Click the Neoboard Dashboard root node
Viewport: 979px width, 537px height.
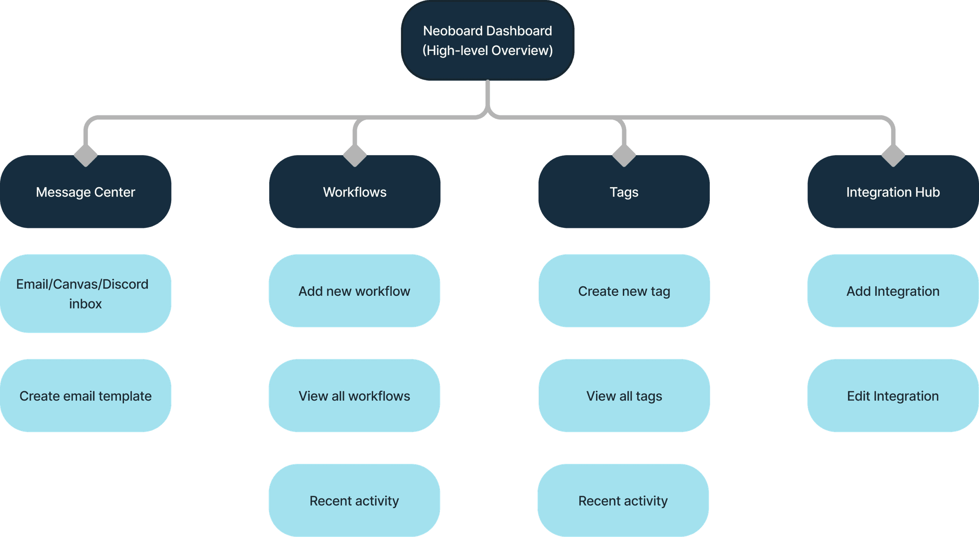pos(488,40)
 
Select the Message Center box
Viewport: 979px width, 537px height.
pos(86,192)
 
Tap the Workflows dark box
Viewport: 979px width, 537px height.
pos(355,192)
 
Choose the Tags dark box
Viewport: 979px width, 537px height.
pos(624,192)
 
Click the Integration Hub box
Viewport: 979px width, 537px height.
pos(893,192)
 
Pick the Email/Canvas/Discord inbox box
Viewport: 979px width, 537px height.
pos(86,293)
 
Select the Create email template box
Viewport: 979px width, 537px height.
pos(86,396)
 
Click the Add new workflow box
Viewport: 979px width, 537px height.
pos(354,291)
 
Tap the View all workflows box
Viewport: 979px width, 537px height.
pos(354,396)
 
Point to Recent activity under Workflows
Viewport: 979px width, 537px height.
pos(354,500)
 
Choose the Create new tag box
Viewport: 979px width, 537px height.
pos(624,291)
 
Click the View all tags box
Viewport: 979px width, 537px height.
pos(624,396)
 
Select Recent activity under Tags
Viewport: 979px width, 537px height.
pos(623,500)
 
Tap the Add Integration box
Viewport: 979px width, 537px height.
pos(893,291)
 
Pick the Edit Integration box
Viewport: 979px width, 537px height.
pos(893,396)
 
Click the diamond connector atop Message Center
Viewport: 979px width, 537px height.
pos(86,155)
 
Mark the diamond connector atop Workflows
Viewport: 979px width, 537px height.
pos(355,155)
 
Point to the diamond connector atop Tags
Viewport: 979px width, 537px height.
pos(624,155)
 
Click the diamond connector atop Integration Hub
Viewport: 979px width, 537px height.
pos(893,155)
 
